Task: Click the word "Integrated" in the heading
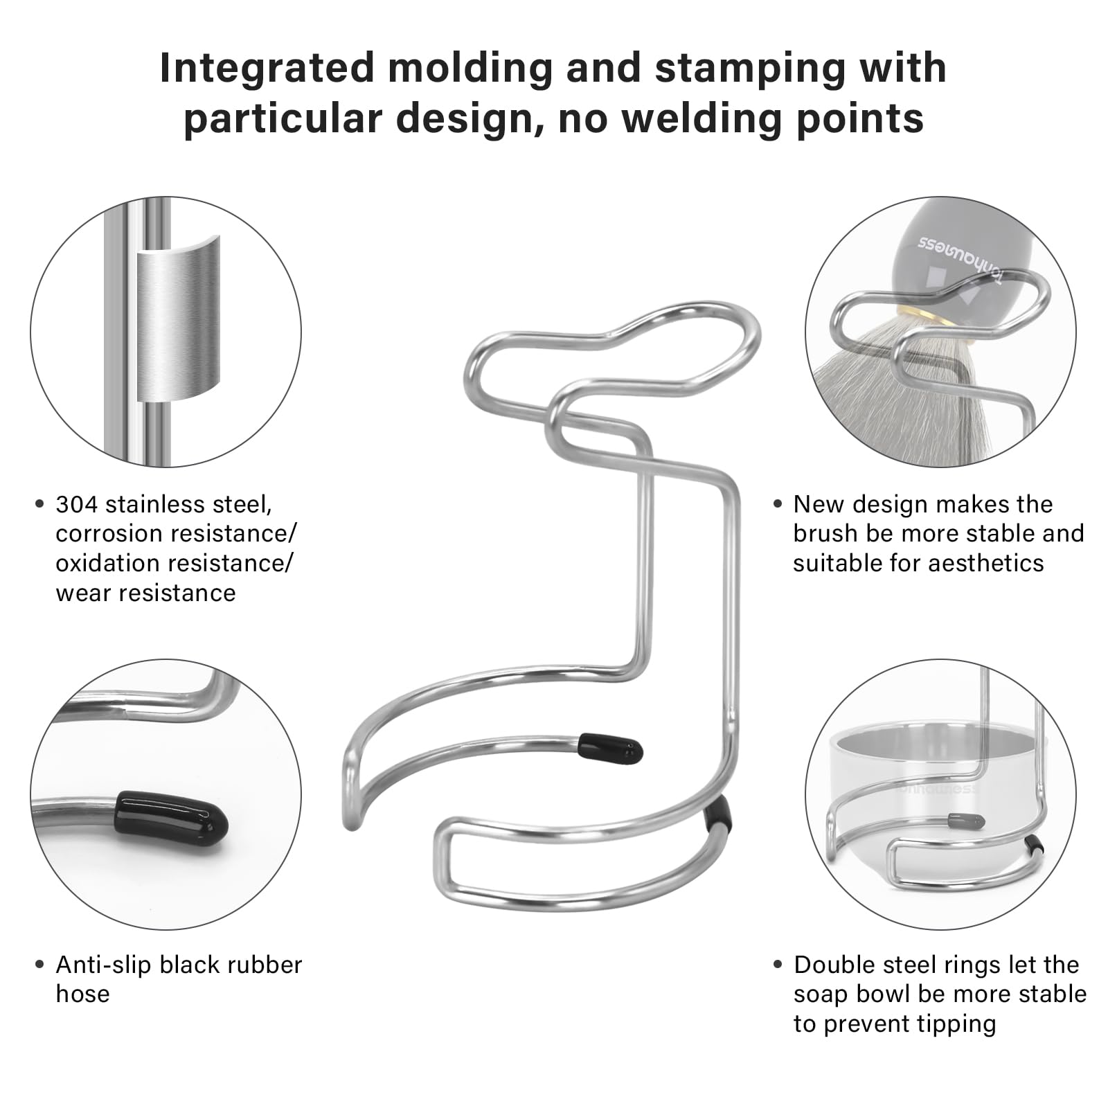click(268, 69)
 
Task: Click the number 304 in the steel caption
click(77, 504)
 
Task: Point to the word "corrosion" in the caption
click(107, 534)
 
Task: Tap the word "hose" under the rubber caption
click(82, 994)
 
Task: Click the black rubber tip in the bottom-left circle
click(172, 816)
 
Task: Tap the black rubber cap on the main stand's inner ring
click(610, 749)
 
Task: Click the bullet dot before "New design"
click(778, 505)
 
